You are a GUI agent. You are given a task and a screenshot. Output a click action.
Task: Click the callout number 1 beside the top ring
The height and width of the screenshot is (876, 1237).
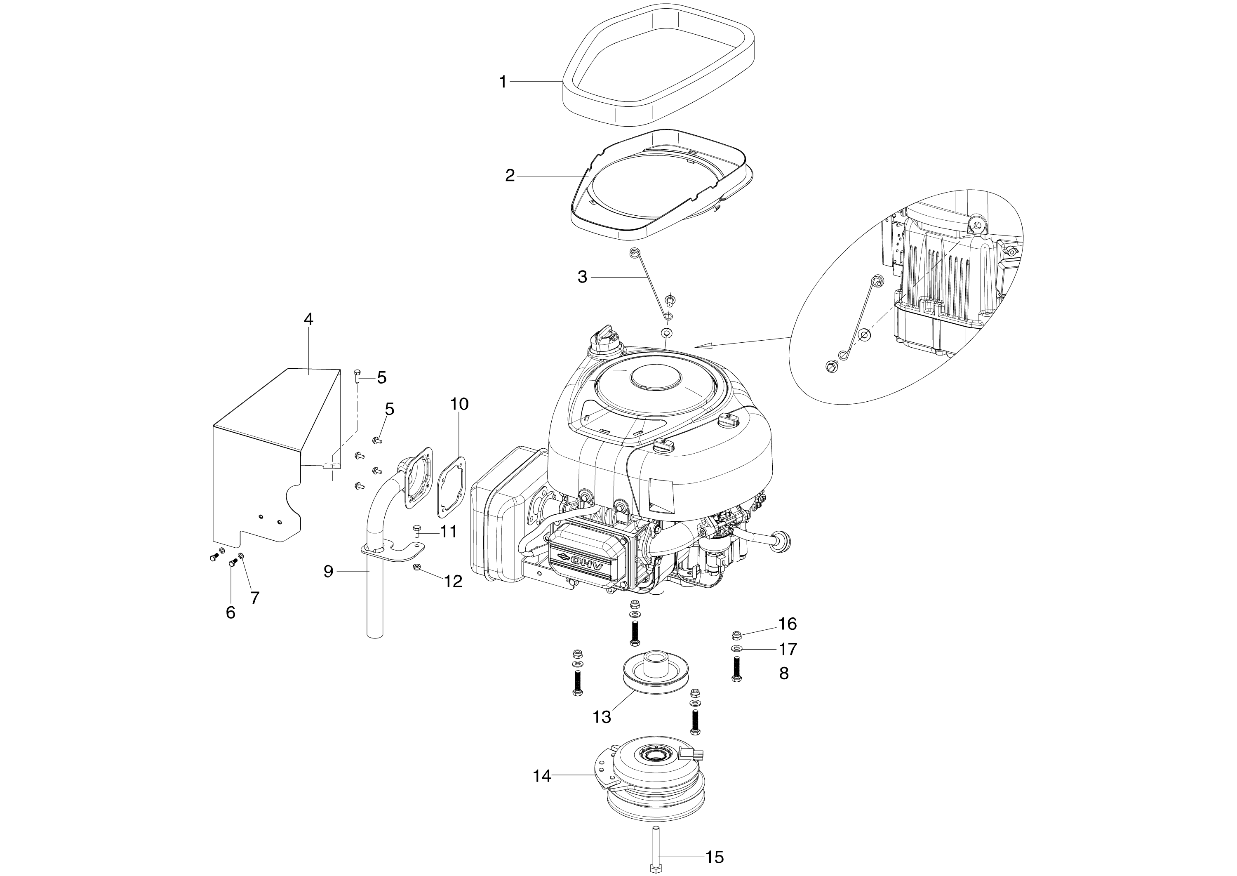click(503, 82)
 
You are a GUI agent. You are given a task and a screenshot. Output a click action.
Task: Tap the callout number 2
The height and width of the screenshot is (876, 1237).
click(510, 176)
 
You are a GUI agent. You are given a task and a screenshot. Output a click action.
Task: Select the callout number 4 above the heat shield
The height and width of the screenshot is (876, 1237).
click(308, 319)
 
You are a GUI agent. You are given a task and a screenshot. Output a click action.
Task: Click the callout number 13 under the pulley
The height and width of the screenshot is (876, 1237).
click(602, 717)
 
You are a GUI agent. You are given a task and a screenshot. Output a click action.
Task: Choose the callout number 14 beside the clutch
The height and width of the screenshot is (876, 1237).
click(542, 776)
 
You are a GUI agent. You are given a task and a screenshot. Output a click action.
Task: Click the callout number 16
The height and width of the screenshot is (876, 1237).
click(787, 624)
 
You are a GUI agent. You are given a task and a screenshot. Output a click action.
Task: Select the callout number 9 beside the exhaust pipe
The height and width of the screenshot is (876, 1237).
click(328, 572)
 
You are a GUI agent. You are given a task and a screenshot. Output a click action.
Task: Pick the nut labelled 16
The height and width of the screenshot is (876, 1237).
click(736, 634)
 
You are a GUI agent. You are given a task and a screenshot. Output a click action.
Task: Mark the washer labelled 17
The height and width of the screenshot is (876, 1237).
click(736, 648)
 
